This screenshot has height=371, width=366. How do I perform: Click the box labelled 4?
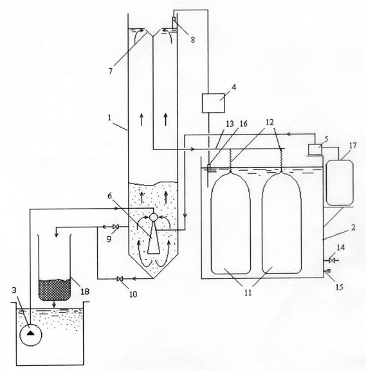[213, 103]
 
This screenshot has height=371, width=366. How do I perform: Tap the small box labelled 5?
[315, 149]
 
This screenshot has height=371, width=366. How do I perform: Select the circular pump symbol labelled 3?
[31, 335]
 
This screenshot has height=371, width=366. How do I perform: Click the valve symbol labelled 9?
[116, 227]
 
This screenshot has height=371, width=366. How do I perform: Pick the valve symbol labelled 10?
[120, 279]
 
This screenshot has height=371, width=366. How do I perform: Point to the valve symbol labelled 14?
[332, 260]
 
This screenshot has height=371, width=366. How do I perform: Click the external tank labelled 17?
[340, 182]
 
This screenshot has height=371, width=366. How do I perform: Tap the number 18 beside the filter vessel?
[85, 292]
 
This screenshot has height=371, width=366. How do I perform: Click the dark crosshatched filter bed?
[55, 290]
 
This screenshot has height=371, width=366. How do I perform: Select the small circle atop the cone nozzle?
[153, 216]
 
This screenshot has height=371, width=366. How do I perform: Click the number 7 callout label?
[111, 71]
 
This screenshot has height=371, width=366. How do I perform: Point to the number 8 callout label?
[193, 40]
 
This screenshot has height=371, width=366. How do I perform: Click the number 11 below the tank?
[248, 292]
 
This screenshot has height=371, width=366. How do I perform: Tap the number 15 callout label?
[339, 287]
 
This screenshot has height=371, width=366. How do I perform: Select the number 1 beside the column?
[109, 118]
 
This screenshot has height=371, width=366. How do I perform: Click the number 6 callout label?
[109, 196]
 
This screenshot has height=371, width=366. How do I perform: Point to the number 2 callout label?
[353, 227]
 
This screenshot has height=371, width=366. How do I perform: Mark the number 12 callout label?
[270, 122]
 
